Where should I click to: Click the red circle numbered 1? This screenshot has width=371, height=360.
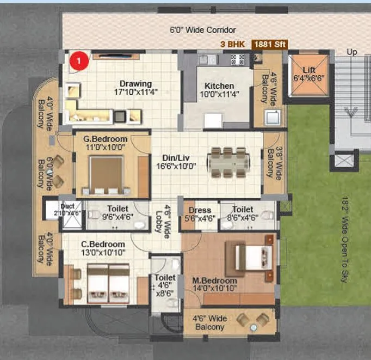pyautogui.click(x=79, y=61)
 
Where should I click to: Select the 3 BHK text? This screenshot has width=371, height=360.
pyautogui.click(x=233, y=44)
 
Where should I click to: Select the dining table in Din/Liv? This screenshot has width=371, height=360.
pyautogui.click(x=229, y=162)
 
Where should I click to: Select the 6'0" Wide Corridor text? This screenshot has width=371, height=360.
pyautogui.click(x=195, y=30)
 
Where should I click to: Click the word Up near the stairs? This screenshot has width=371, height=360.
pyautogui.click(x=352, y=52)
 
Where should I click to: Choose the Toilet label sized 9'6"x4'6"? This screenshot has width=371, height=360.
pyautogui.click(x=118, y=212)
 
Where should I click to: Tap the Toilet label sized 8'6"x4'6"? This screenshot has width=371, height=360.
pyautogui.click(x=242, y=213)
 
